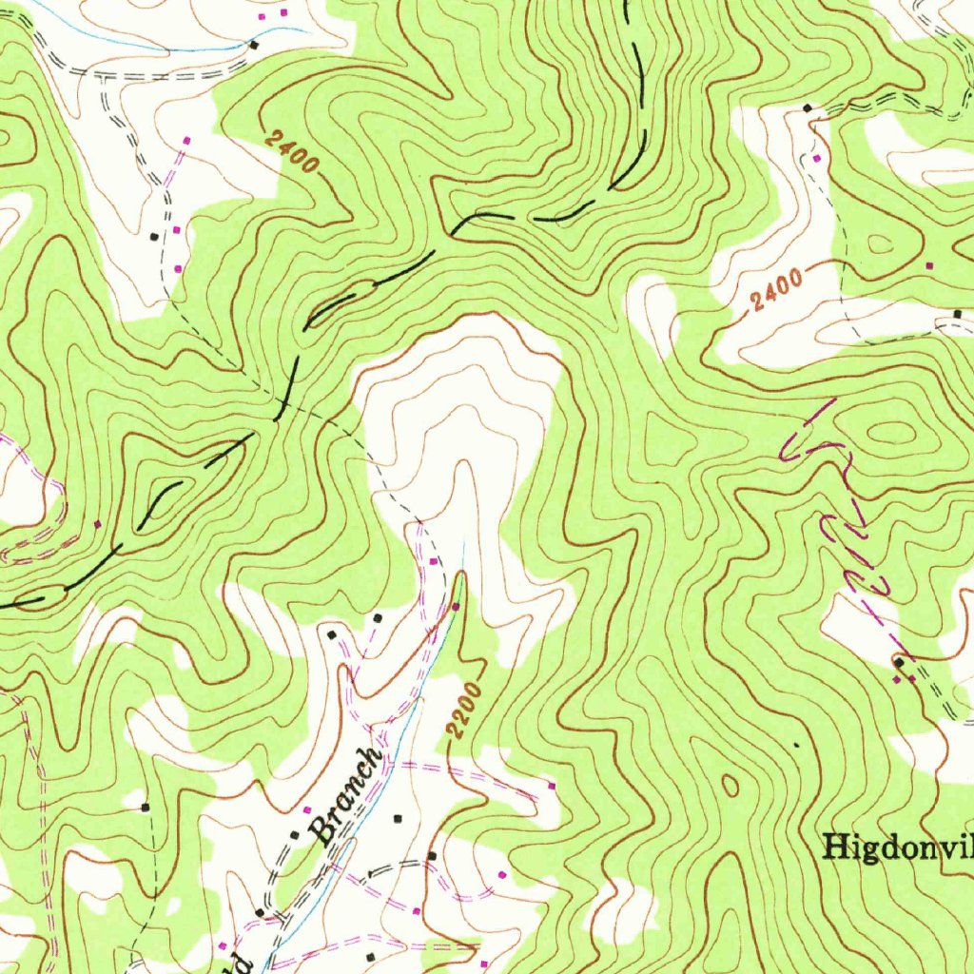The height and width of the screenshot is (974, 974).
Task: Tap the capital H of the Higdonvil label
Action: (836, 846)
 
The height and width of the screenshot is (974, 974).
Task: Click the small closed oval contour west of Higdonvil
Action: (730, 786)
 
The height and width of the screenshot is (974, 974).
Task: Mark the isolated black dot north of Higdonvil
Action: (795, 745)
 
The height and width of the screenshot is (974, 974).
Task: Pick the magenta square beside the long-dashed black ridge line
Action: (97, 523)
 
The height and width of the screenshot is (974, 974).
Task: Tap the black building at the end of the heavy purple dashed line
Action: (898, 660)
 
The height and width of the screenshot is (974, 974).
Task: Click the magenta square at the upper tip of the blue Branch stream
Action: (456, 606)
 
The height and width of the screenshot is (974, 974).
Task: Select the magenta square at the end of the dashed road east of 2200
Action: (553, 786)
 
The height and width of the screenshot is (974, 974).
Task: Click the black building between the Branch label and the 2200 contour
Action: (398, 817)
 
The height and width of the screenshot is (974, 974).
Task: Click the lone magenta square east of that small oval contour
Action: (929, 264)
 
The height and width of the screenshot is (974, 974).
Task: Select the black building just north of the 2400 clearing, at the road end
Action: (808, 108)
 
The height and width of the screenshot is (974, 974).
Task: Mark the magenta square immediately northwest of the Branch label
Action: (306, 810)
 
